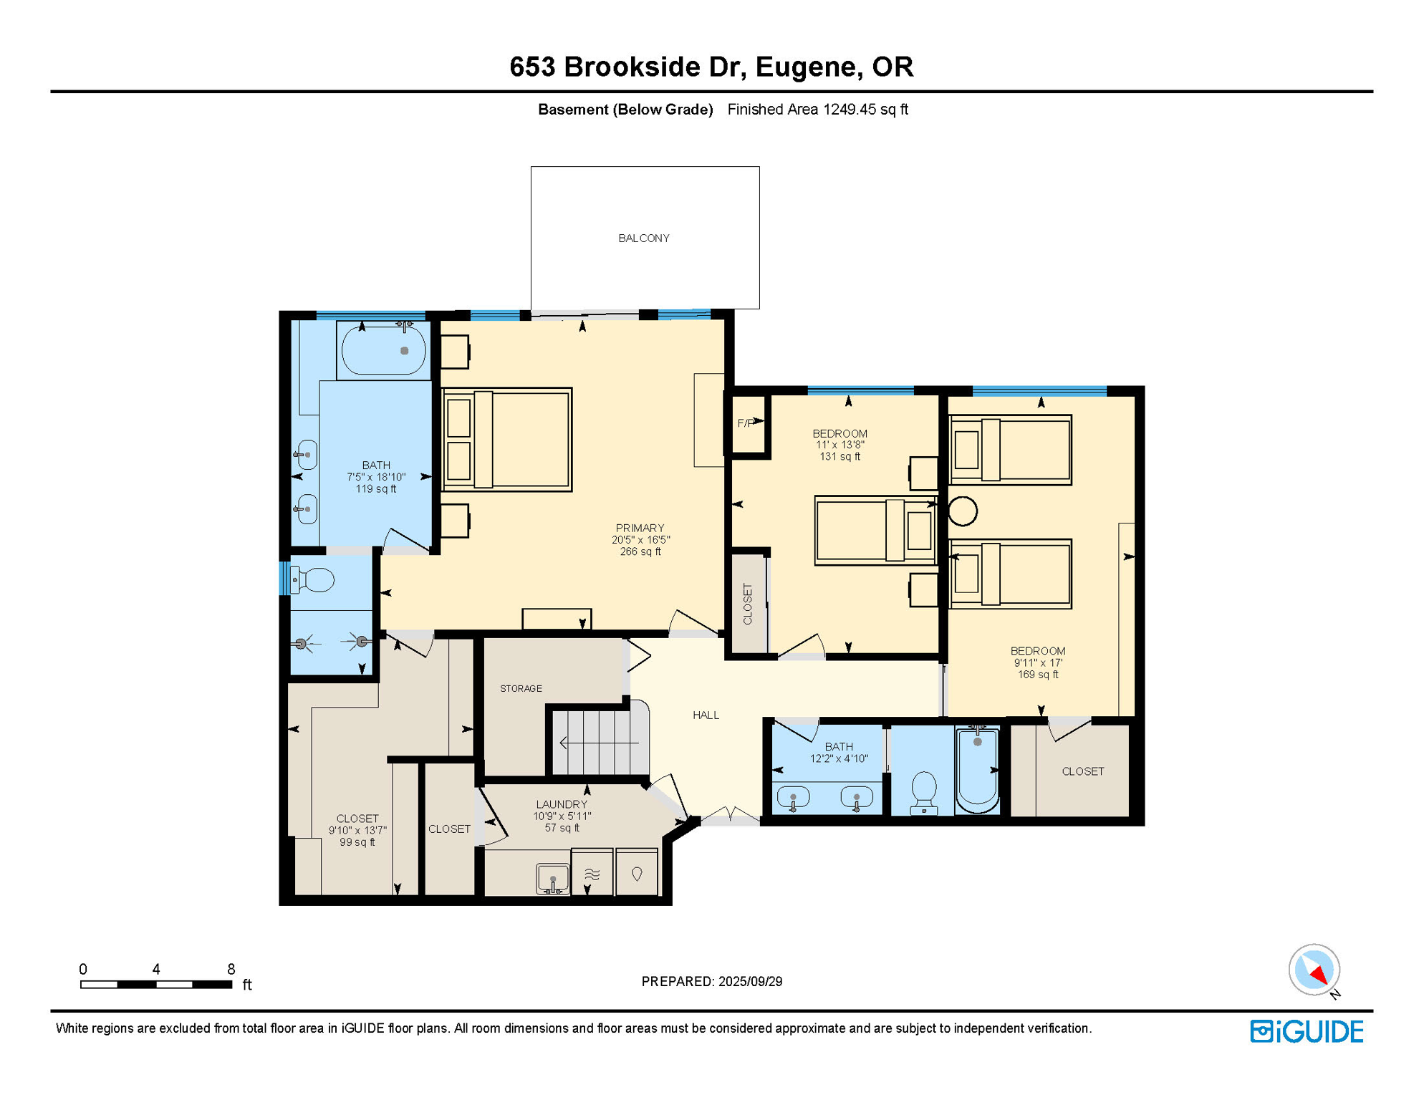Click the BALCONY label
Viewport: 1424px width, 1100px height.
(643, 238)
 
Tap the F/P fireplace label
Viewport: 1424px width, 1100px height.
(745, 423)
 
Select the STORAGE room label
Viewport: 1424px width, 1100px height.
(521, 688)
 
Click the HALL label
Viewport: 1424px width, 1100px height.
(706, 715)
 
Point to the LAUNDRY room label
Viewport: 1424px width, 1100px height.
(562, 804)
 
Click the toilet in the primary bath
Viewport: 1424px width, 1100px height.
(314, 580)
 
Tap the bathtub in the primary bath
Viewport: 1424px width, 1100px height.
(384, 350)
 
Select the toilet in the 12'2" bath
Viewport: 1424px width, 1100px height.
(924, 791)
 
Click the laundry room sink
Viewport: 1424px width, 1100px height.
(553, 879)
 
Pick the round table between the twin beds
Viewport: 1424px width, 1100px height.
(963, 511)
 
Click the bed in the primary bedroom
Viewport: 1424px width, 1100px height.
(506, 439)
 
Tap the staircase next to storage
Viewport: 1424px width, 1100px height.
(599, 742)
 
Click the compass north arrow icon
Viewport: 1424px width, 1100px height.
(1314, 970)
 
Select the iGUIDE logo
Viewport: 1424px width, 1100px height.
(1307, 1031)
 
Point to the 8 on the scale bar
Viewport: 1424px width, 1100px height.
(231, 969)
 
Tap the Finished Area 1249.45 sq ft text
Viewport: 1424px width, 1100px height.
(817, 110)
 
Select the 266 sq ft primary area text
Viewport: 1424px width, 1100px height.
(640, 551)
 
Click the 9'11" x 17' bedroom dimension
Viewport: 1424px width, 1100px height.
(1037, 662)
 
